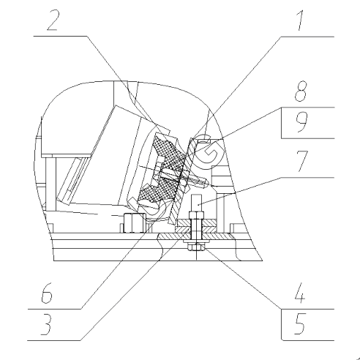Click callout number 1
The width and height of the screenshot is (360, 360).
click(x=300, y=20)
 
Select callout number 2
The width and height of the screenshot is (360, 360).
click(x=52, y=20)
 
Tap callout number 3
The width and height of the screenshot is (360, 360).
click(x=46, y=324)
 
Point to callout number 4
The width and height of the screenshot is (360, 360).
click(x=300, y=293)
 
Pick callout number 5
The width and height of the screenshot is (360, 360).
click(x=300, y=324)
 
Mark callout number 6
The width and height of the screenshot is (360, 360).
click(x=46, y=293)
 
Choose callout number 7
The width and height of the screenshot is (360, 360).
click(x=302, y=161)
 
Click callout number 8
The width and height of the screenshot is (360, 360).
click(x=301, y=91)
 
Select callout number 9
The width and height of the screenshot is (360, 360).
click(x=301, y=122)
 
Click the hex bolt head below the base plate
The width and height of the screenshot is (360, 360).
click(x=196, y=248)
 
